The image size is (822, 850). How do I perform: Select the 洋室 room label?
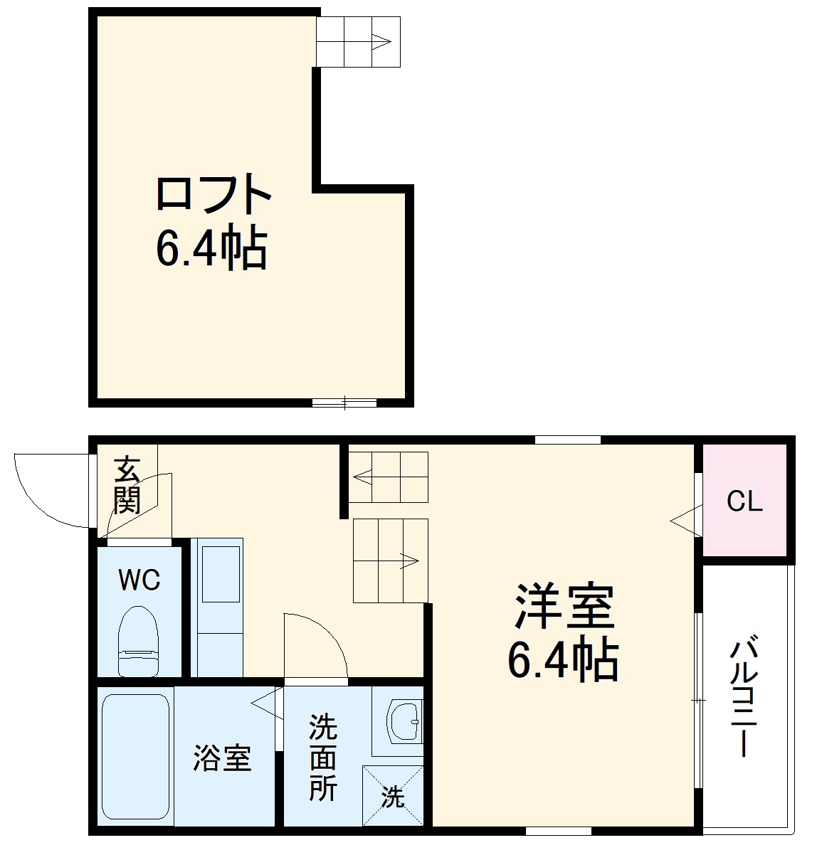[564, 607]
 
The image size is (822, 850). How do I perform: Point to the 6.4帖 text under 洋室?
[562, 660]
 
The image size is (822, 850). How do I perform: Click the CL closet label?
[744, 501]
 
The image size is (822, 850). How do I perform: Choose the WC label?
[139, 581]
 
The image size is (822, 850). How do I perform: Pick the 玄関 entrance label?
[127, 485]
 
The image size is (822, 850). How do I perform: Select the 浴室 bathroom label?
[222, 758]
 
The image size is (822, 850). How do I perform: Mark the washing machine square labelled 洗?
[393, 796]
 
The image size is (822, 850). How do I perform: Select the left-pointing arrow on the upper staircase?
[363, 477]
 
